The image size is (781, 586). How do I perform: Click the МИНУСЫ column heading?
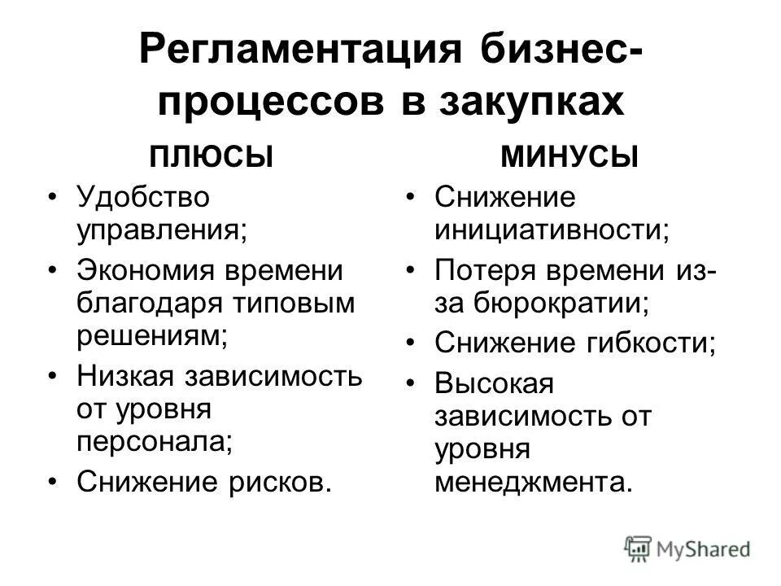569,156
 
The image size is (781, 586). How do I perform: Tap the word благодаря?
149,304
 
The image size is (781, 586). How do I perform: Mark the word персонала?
152,441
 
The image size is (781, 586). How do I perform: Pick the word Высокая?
494,382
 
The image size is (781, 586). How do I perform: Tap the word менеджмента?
532,482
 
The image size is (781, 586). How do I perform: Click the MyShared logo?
687,548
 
